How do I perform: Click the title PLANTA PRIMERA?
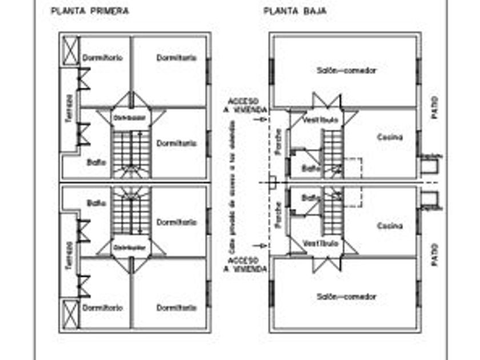point(90,10)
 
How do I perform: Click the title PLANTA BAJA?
point(295,10)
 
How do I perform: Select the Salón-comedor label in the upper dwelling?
point(346,71)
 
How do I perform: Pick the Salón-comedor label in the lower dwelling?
point(346,297)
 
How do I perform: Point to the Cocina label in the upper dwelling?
point(390,137)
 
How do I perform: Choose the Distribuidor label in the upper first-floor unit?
point(131,118)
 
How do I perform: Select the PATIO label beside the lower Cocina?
point(435,251)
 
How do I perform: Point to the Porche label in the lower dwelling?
point(278,215)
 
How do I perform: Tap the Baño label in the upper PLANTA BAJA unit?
point(309,168)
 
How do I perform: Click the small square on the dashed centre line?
point(273,182)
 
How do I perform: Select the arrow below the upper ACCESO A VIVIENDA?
point(262,120)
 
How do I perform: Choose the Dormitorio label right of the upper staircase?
point(177,143)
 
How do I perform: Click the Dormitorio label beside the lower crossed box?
point(102,307)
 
